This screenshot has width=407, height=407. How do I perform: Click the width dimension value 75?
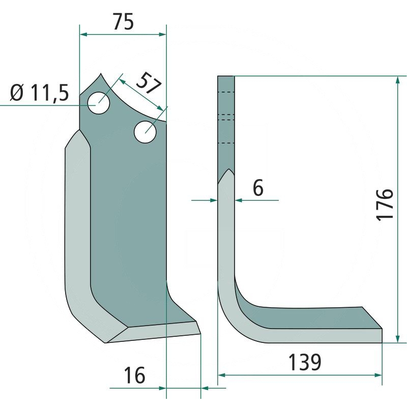123,23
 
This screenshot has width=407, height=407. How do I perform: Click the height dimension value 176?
386,204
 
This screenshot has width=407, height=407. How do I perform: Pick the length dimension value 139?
305,363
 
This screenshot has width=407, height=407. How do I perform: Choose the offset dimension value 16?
134,375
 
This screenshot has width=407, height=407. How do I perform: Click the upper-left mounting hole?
99,103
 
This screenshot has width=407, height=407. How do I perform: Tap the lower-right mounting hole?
146,132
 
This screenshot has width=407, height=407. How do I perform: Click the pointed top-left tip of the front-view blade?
101,74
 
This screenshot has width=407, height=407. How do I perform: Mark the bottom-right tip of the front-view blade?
200,334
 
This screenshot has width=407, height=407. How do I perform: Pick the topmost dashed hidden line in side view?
226,92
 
